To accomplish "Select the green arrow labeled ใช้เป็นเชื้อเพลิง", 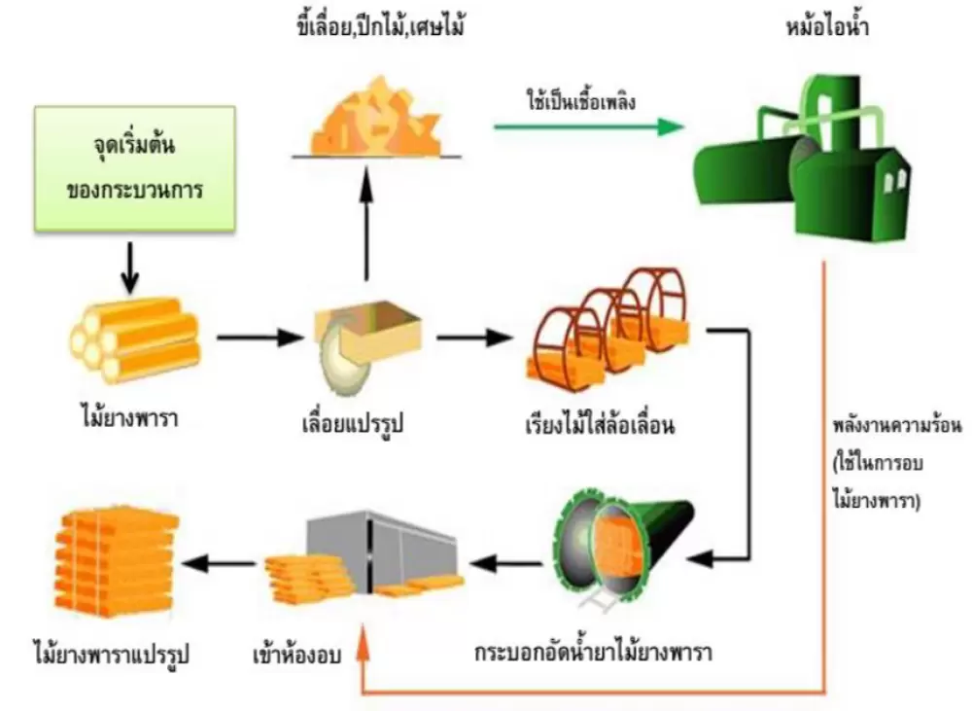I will (583, 125).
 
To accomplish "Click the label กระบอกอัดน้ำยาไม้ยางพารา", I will (594, 650).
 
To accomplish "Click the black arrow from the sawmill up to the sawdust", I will (367, 224).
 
